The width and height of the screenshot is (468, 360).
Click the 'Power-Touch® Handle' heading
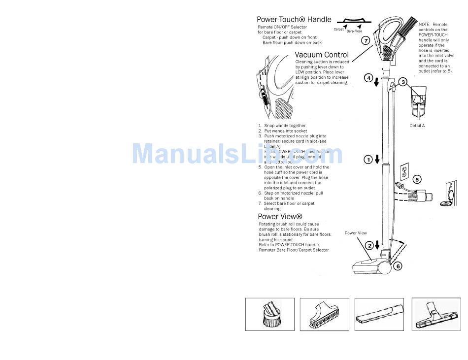(294, 20)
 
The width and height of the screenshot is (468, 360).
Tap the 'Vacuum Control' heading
(322, 55)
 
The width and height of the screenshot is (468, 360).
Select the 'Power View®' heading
(280, 217)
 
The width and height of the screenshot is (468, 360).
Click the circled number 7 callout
(366, 41)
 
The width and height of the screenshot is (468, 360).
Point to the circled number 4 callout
(368, 78)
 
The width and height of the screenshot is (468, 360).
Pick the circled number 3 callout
(403, 82)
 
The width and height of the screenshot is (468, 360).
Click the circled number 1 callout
(368, 159)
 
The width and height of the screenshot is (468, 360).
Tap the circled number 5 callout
(417, 180)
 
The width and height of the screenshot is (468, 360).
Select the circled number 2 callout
(368, 245)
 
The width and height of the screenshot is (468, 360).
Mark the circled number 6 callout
(398, 266)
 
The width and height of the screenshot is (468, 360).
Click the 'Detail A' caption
(417, 126)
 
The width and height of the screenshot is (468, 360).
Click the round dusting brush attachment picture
(269, 314)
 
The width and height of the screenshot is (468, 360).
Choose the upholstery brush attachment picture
(324, 314)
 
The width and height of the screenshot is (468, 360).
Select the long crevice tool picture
(379, 314)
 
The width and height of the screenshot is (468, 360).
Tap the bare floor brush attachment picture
(436, 314)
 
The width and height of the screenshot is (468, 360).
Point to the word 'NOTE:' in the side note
(424, 25)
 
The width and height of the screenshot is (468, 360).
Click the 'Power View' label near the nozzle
(355, 233)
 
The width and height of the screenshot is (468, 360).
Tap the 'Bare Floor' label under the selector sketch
(354, 31)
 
